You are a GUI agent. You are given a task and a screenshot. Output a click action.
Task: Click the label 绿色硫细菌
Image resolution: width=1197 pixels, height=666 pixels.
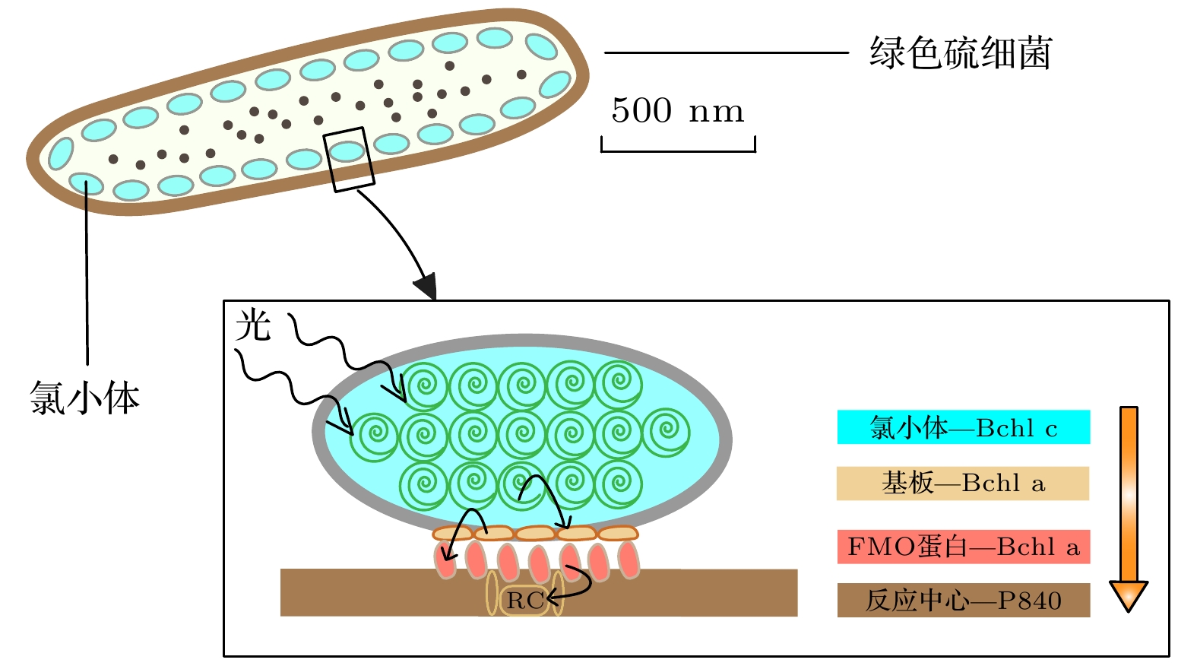tap(961, 53)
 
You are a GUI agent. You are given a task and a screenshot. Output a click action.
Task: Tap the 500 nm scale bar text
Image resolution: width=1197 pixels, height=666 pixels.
tap(677, 111)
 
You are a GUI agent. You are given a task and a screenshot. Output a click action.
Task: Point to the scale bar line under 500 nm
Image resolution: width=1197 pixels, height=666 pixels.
tap(678, 150)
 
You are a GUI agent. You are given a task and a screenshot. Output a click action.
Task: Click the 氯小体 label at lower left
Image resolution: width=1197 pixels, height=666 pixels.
tap(84, 398)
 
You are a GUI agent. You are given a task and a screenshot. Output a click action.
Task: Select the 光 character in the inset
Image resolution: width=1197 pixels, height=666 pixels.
tap(253, 325)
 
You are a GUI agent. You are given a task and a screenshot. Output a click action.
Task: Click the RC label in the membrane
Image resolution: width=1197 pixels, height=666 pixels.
tap(525, 601)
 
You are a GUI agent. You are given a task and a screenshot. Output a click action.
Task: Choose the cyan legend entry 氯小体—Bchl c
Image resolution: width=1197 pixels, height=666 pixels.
tap(963, 427)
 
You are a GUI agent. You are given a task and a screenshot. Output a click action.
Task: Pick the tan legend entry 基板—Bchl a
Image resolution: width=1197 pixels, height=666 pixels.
tap(962, 484)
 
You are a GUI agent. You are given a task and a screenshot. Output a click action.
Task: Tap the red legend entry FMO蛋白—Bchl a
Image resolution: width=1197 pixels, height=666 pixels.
tap(963, 547)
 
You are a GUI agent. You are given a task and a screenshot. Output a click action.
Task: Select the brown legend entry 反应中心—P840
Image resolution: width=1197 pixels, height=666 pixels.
tap(963, 601)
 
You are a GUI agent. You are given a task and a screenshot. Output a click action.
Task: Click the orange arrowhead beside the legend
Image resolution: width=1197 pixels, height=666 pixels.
tap(1129, 595)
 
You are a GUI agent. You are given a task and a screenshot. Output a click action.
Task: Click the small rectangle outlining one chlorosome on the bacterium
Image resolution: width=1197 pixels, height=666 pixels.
tap(349, 159)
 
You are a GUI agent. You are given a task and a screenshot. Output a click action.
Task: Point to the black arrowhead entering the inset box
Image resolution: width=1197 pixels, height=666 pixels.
tap(426, 286)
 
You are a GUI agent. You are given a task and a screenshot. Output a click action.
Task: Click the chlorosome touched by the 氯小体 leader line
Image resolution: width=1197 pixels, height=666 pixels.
tap(86, 182)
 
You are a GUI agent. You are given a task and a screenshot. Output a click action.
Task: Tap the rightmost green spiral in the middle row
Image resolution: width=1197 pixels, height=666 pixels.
tap(667, 433)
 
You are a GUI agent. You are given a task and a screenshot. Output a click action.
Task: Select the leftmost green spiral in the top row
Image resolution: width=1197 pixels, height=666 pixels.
tap(426, 385)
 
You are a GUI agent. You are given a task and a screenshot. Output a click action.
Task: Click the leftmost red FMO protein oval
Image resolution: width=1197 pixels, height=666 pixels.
tap(445, 560)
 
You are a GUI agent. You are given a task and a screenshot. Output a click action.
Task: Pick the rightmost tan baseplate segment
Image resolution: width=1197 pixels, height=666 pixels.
tap(617, 533)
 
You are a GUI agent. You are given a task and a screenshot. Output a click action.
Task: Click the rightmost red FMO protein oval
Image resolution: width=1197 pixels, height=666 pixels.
tap(629, 560)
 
